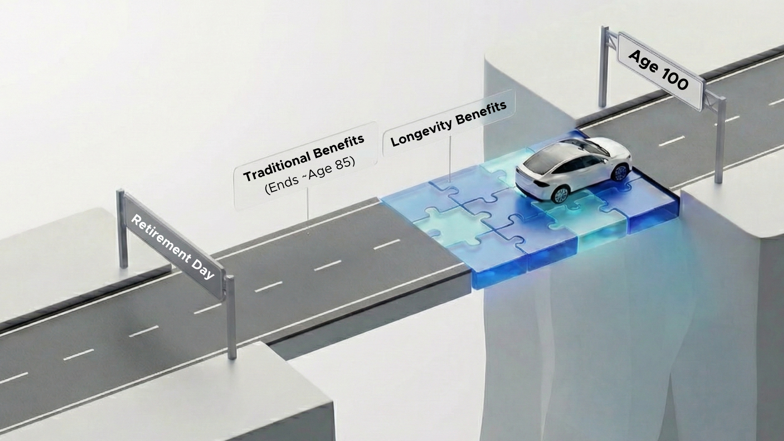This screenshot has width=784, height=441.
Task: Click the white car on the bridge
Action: [x=572, y=167]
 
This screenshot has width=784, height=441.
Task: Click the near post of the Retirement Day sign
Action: [x=231, y=318]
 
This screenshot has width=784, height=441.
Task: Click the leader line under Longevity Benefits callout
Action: [x=450, y=159]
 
